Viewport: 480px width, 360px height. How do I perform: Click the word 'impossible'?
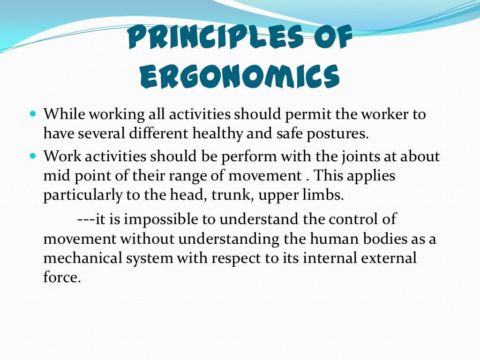click(165, 219)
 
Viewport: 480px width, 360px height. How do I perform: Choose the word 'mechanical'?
click(86, 258)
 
